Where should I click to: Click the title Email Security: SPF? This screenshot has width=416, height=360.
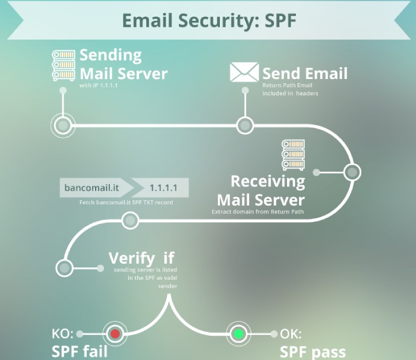point(209,19)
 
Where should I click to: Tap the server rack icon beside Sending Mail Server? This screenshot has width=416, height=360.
point(63,65)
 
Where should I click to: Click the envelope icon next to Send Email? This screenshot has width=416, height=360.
point(244,73)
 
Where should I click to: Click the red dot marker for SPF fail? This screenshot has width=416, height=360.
point(115,334)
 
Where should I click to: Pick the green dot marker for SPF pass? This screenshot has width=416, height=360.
point(239,334)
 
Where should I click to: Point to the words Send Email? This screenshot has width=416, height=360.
point(304,74)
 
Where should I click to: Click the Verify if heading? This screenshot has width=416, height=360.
point(141,258)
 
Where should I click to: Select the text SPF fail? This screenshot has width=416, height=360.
point(80,350)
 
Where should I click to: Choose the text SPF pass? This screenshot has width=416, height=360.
point(312,350)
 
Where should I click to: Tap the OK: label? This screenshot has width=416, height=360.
point(291,334)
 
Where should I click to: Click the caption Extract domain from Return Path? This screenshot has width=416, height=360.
point(258,211)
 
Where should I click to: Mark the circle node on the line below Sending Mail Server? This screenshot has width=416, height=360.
point(62,125)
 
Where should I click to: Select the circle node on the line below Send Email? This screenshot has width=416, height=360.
point(245,125)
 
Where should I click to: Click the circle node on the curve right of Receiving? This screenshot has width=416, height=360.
point(352,172)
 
